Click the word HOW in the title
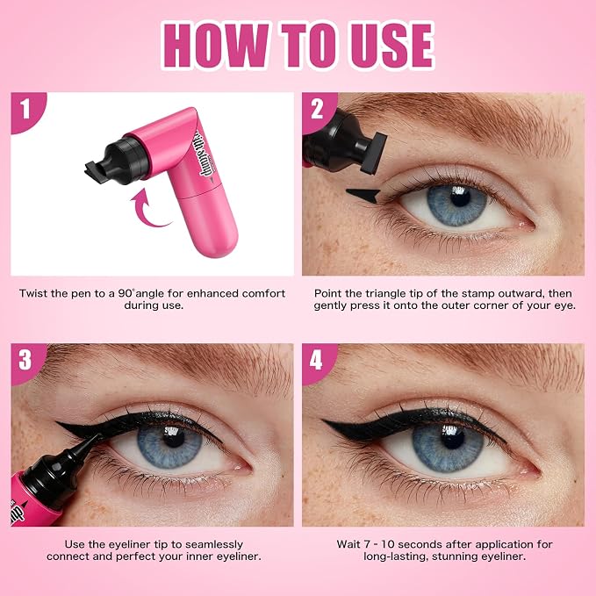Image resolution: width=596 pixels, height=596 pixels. click(216, 45)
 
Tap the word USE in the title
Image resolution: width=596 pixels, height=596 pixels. click(391, 45)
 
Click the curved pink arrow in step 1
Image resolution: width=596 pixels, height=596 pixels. click(148, 210)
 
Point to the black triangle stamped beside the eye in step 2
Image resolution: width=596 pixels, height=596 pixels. click(363, 195)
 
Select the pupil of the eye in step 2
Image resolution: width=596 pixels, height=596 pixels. click(460, 197)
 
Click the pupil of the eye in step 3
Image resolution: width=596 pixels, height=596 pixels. click(173, 437)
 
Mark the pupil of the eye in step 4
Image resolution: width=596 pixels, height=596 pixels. click(452, 437)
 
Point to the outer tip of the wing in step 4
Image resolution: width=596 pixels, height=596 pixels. click(323, 420)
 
